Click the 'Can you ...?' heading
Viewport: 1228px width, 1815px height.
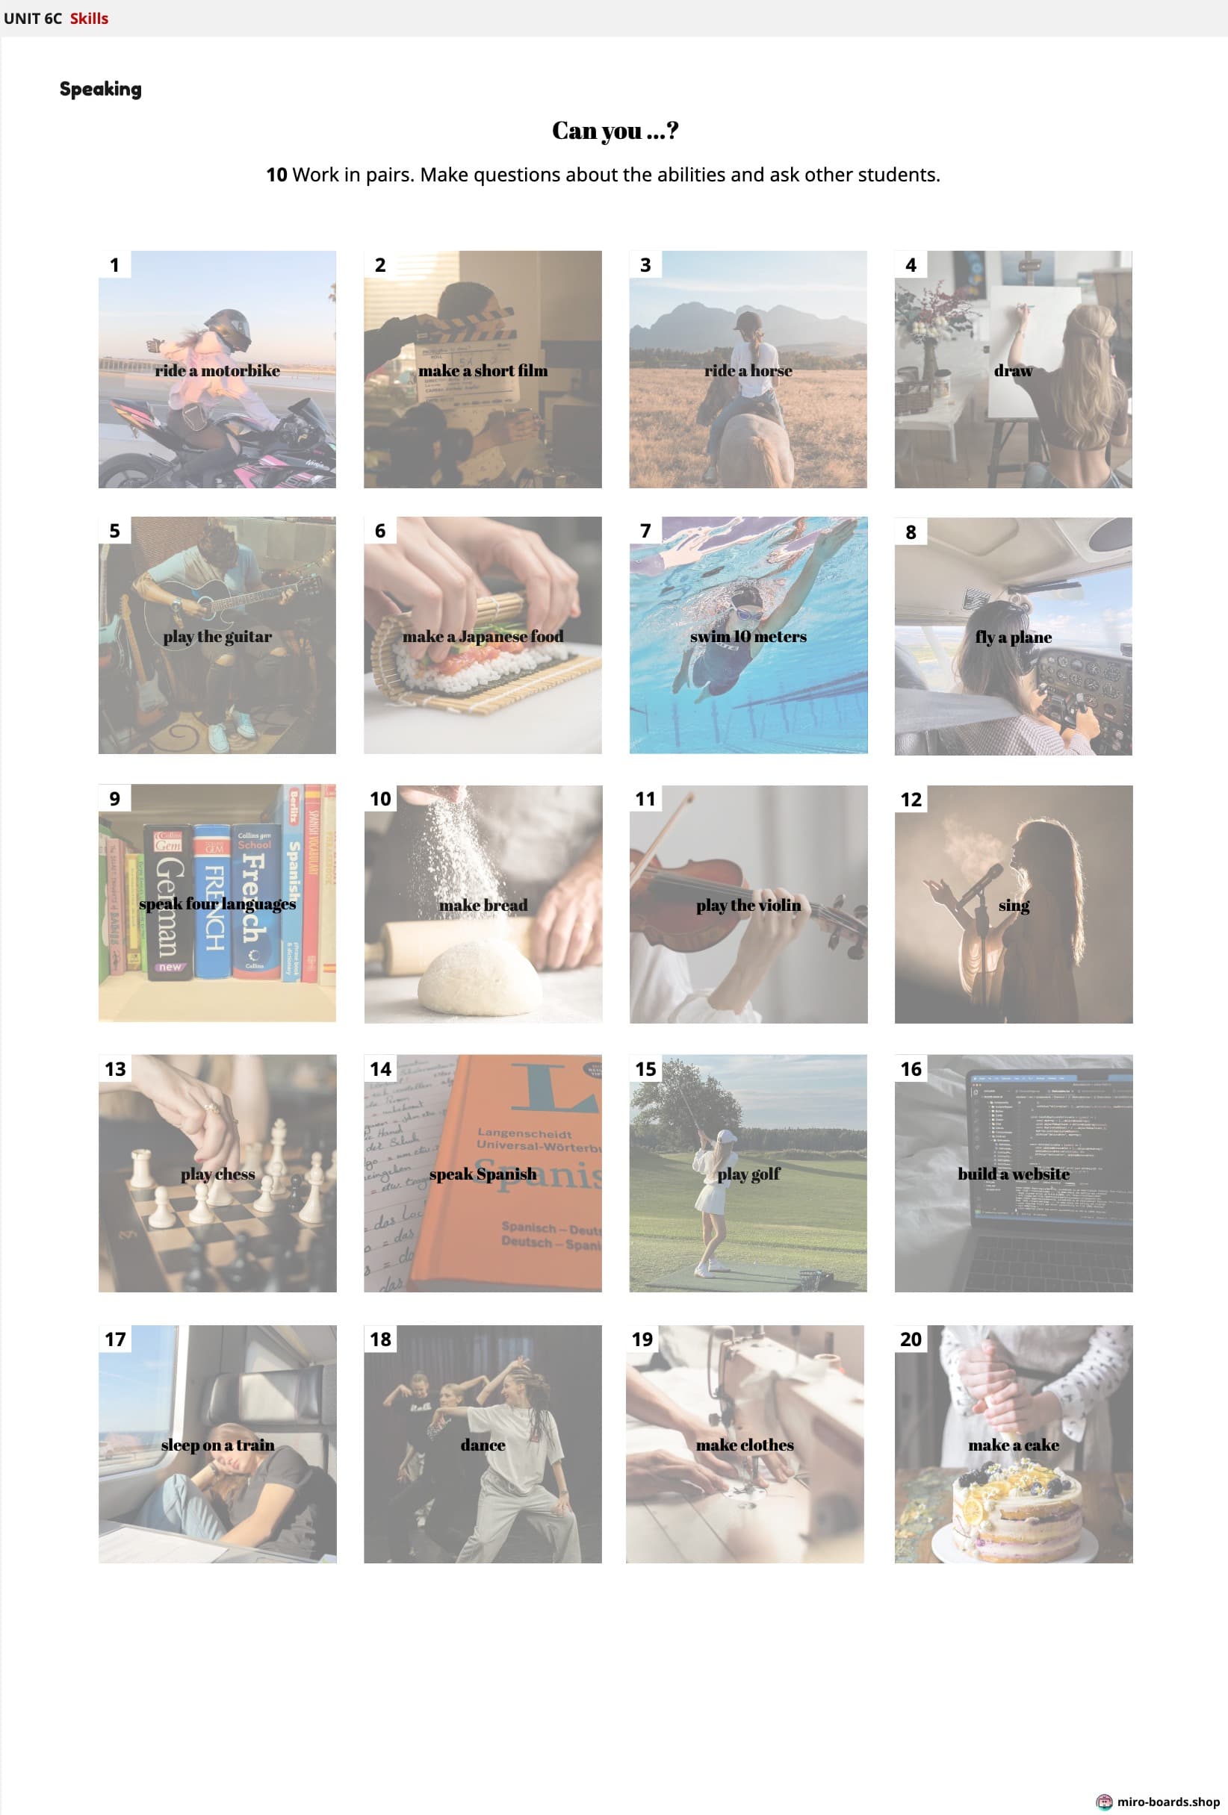click(x=615, y=131)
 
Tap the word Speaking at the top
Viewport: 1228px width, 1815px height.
click(x=101, y=89)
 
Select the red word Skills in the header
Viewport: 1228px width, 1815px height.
click(x=89, y=18)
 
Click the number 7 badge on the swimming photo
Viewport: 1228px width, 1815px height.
click(x=645, y=531)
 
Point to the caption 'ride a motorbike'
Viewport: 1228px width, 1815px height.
click(x=217, y=370)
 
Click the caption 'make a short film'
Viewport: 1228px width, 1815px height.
click(x=483, y=370)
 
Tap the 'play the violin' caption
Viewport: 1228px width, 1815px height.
click(x=748, y=905)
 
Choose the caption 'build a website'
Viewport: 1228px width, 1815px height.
click(x=1013, y=1173)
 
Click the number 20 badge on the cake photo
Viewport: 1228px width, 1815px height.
click(x=911, y=1339)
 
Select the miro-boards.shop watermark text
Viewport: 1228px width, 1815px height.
click(x=1167, y=1802)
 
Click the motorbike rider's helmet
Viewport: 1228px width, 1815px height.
click(x=228, y=328)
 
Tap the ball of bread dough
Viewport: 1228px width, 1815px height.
click(x=479, y=977)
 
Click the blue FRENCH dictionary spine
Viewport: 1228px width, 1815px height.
click(x=212, y=901)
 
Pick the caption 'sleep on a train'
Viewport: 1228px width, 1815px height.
click(x=217, y=1445)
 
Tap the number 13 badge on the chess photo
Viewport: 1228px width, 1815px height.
click(x=115, y=1068)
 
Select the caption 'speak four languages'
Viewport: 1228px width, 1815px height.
click(x=217, y=903)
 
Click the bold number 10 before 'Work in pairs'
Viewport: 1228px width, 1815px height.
click(x=276, y=175)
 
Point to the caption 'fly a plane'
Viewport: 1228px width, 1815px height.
click(x=1013, y=638)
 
